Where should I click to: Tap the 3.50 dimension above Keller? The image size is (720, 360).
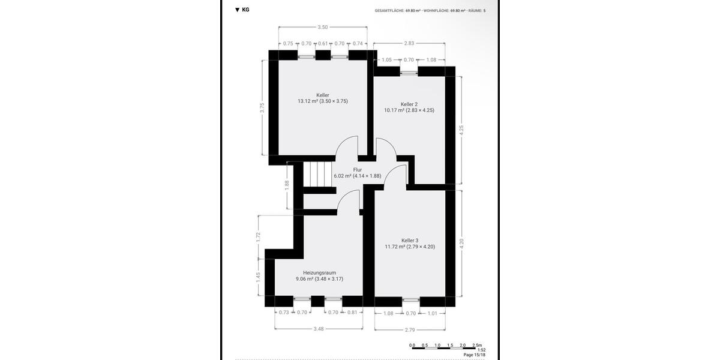click(x=323, y=27)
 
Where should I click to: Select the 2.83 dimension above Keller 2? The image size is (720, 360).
click(x=409, y=43)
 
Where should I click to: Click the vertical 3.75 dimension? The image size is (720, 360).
click(x=262, y=108)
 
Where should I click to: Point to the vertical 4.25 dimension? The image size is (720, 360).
click(x=461, y=130)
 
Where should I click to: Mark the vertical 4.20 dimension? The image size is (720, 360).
click(x=461, y=243)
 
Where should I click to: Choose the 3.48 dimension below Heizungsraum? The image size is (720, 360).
click(x=319, y=329)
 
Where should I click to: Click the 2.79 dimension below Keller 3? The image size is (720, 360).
click(x=410, y=329)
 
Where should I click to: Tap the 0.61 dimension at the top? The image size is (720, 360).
click(x=323, y=43)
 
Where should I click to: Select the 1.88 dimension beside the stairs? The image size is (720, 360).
click(x=287, y=185)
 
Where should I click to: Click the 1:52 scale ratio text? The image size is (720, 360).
click(x=481, y=350)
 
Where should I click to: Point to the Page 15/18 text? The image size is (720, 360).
click(x=474, y=355)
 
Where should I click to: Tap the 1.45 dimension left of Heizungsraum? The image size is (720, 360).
click(x=258, y=277)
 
